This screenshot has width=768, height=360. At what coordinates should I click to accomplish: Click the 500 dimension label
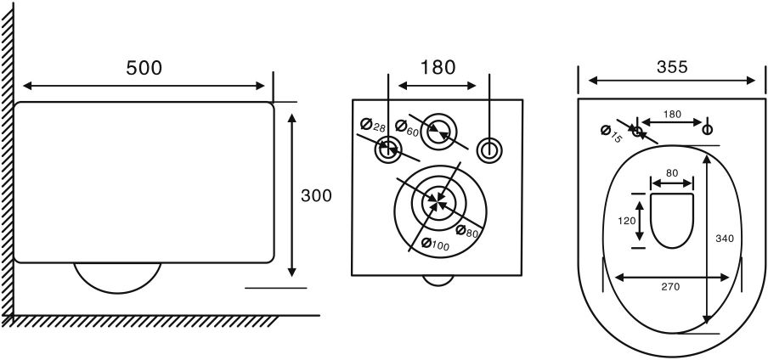coord(144,68)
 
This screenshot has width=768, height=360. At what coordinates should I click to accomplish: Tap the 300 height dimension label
coord(316,196)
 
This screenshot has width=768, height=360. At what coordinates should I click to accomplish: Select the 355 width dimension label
coord(672,66)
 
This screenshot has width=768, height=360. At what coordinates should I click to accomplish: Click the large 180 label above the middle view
coord(438,68)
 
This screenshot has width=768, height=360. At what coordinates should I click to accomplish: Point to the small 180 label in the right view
coord(672,114)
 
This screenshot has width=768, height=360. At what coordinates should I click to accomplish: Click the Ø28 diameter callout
coord(373,126)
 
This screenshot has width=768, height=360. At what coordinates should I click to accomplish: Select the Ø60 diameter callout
coord(408,128)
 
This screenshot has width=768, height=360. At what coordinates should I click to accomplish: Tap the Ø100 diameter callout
coord(436,244)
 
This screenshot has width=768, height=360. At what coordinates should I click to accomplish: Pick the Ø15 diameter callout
coord(611,134)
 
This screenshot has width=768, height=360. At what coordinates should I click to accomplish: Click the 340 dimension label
coord(725,239)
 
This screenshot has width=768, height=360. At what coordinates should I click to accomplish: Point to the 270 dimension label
coord(670,287)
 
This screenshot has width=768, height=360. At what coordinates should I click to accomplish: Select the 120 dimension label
coord(626,221)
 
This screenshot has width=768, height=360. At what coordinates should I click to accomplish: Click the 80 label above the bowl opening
coord(671,172)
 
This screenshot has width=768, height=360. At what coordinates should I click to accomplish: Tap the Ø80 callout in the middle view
coord(466,231)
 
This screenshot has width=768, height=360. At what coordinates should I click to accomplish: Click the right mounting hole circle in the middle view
coord(488,150)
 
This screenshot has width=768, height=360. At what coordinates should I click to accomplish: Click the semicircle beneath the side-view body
coord(117,294)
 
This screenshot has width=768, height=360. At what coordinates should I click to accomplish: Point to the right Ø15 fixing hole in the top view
coord(708,130)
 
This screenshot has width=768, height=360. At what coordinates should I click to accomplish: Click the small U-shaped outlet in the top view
coord(671,248)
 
